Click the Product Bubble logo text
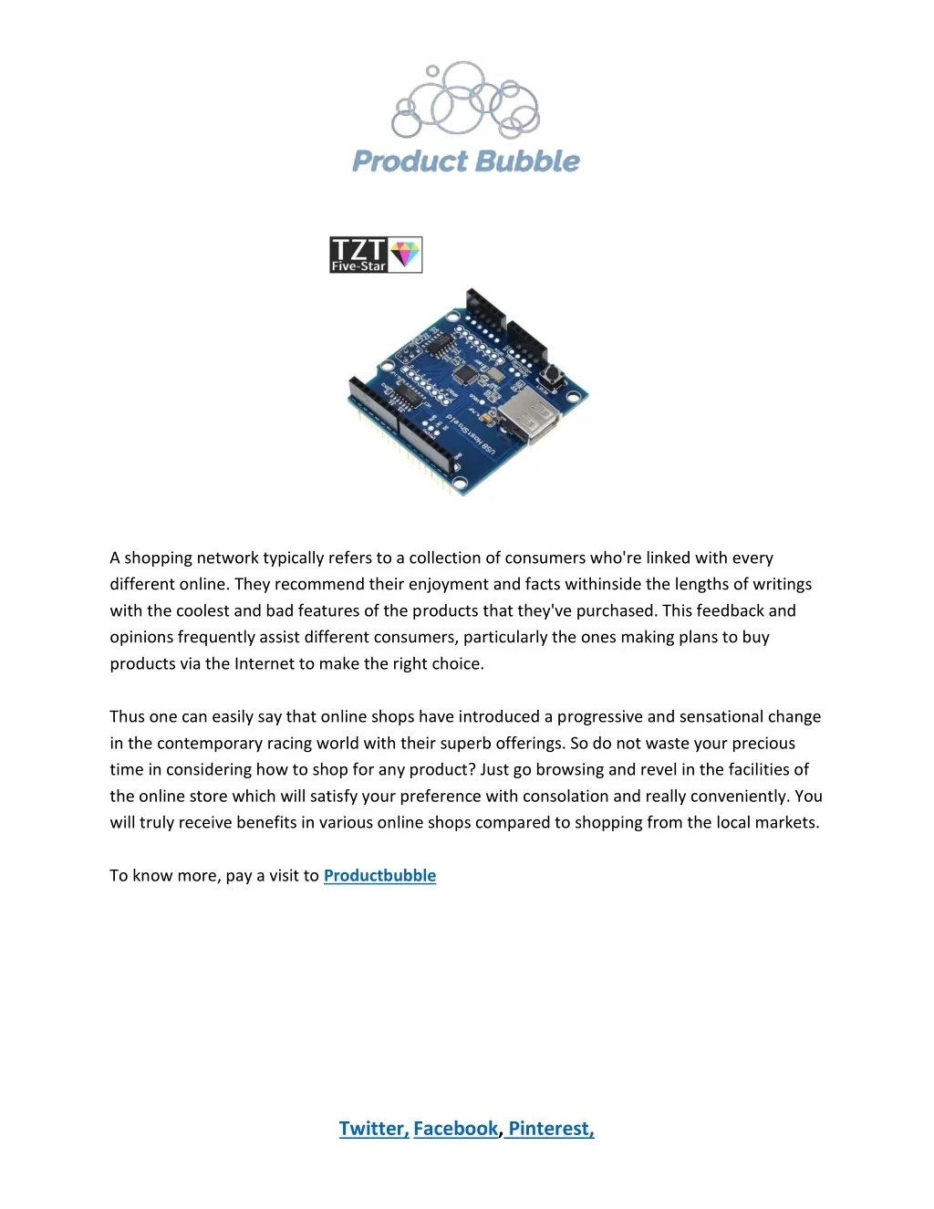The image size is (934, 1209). click(x=466, y=162)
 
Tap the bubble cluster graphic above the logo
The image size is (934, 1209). click(x=466, y=100)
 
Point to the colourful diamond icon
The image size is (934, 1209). click(x=406, y=254)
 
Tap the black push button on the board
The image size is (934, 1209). click(x=554, y=373)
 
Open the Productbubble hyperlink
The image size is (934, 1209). click(x=379, y=876)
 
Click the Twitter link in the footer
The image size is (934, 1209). click(x=374, y=1129)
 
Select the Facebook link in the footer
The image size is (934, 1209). click(x=455, y=1129)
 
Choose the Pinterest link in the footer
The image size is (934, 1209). click(x=551, y=1129)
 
